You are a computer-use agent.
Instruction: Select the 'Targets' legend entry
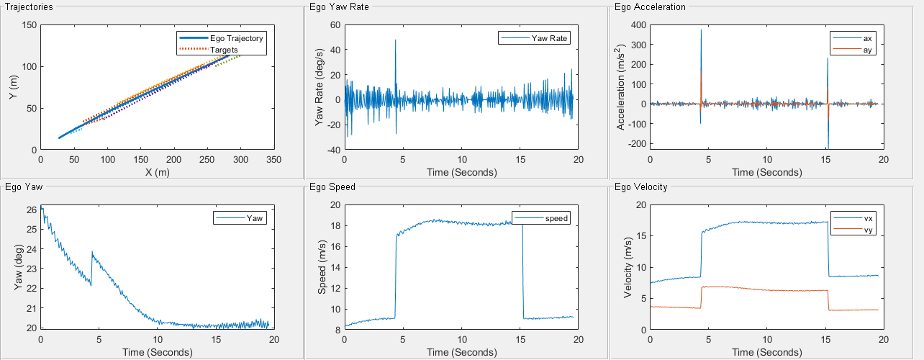click(225, 49)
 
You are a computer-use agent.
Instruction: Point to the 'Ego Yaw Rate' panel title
click(335, 7)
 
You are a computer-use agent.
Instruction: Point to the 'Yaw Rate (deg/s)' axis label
click(320, 87)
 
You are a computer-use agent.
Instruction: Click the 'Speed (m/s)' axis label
click(322, 267)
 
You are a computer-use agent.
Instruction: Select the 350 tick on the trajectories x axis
click(273, 158)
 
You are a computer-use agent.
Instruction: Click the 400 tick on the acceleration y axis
click(637, 24)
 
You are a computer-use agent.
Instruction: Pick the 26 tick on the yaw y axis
click(31, 210)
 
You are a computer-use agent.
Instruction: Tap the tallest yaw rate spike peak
click(395, 40)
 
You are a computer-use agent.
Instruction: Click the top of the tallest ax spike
click(701, 30)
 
